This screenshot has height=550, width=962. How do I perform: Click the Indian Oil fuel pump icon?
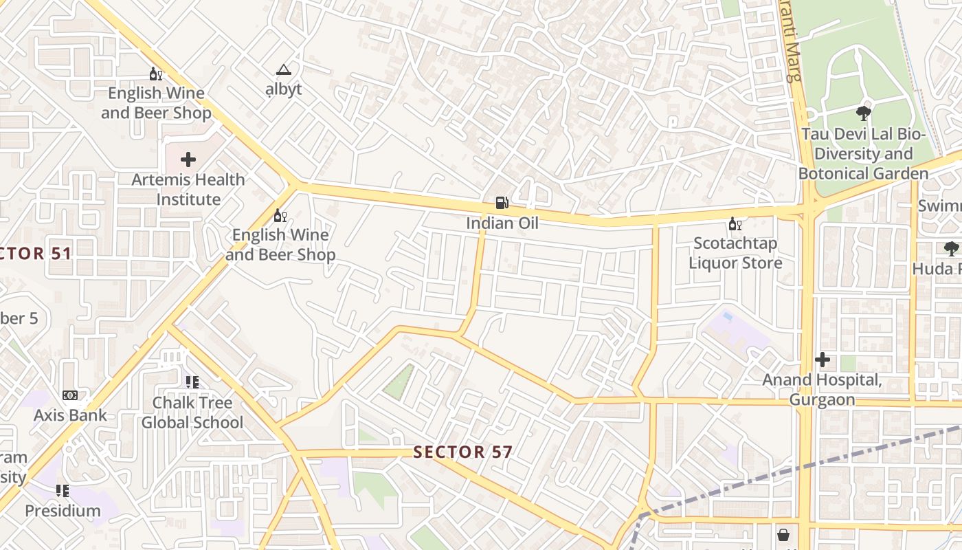[502, 202]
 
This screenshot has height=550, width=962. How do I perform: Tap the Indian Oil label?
[502, 223]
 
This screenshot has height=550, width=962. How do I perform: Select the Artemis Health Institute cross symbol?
[188, 159]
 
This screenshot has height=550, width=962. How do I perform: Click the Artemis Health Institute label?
[188, 190]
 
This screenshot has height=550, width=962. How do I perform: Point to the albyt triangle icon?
[283, 69]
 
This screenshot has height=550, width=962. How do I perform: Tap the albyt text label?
[284, 89]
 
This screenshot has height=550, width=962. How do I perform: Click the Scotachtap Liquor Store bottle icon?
[735, 223]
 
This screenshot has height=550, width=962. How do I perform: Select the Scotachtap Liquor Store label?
[735, 253]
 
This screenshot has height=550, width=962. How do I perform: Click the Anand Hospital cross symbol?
[822, 359]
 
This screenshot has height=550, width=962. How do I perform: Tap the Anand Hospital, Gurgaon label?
[822, 390]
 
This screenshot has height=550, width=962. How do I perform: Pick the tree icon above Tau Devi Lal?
[864, 113]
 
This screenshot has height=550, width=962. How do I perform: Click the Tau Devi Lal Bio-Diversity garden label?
[864, 153]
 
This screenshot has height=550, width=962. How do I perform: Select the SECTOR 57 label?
[463, 452]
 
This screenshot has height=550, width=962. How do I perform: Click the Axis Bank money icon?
[70, 395]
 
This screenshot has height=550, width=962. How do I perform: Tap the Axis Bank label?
[70, 415]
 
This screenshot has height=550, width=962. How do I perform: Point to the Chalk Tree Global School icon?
[192, 382]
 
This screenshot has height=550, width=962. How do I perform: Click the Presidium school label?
[63, 511]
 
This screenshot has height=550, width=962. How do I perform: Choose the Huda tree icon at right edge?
[951, 248]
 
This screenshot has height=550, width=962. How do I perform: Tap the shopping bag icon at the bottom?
[783, 535]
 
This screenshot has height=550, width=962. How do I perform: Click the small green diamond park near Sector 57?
[399, 382]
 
